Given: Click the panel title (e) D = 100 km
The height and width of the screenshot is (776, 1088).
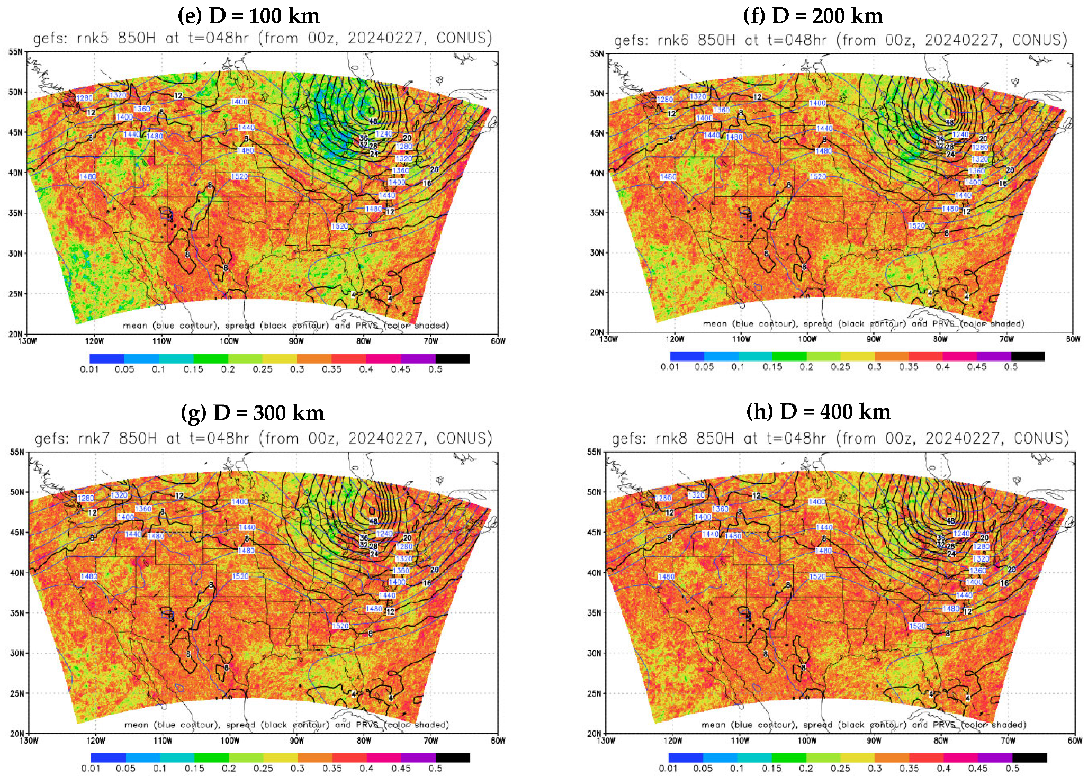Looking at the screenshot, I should [x=248, y=16].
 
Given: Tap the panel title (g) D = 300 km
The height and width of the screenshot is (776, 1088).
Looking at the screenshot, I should [x=252, y=413].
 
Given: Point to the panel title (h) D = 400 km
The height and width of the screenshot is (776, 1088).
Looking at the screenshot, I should [x=818, y=412].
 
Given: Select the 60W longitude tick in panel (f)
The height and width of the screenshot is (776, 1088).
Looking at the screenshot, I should [x=1073, y=339].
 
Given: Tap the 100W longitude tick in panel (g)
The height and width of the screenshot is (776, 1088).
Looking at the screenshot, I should [x=230, y=741].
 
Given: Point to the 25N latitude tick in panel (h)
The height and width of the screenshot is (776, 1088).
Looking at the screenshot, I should [x=595, y=693].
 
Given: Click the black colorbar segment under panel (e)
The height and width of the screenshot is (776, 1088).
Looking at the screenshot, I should [x=453, y=359].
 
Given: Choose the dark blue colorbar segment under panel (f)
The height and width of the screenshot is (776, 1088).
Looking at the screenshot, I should [x=687, y=356].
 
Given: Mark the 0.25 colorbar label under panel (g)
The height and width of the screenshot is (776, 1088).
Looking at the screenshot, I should [x=263, y=769].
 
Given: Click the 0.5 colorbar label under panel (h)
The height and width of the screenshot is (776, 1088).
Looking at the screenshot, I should [x=1012, y=768].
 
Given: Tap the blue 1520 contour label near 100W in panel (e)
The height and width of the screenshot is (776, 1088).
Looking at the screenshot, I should [x=239, y=176].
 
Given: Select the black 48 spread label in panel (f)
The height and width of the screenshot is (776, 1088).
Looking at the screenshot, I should [x=950, y=122].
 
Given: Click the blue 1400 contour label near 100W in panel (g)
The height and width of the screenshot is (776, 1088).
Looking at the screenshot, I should [x=240, y=501].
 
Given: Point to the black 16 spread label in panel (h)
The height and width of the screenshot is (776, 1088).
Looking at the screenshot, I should [x=1003, y=583].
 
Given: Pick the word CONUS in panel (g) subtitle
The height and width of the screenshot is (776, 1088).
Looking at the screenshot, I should [x=461, y=438].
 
